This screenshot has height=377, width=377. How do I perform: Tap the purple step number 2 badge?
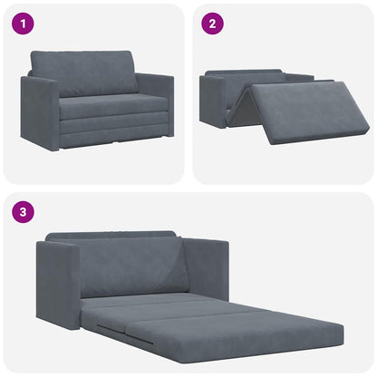point(210,23)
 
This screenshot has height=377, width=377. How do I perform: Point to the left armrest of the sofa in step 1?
point(40,111)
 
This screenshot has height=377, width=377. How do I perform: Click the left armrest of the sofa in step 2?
point(214,99)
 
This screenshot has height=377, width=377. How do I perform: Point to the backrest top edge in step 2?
point(263,73)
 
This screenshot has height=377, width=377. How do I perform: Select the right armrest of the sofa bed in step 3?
point(207,266)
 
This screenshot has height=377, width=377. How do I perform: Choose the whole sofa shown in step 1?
point(97,100)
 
